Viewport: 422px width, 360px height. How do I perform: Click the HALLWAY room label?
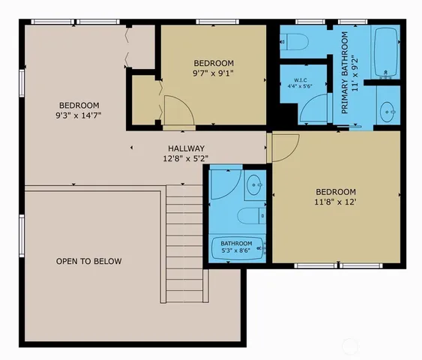click(x=183, y=148)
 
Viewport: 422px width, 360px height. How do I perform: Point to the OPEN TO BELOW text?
click(x=88, y=262)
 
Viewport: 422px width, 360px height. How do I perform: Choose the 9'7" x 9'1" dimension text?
click(x=214, y=73)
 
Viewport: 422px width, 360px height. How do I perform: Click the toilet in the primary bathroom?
click(x=295, y=42)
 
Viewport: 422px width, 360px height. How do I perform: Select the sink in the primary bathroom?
click(x=388, y=112)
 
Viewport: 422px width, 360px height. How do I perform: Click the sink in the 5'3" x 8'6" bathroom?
click(x=255, y=184)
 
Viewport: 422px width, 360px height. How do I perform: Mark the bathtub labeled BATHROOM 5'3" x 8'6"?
click(x=239, y=247)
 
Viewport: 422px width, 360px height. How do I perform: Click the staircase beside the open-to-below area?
click(x=184, y=244)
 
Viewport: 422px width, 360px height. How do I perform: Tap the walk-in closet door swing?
click(x=310, y=113)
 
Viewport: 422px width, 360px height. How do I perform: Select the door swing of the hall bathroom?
click(x=224, y=182)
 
